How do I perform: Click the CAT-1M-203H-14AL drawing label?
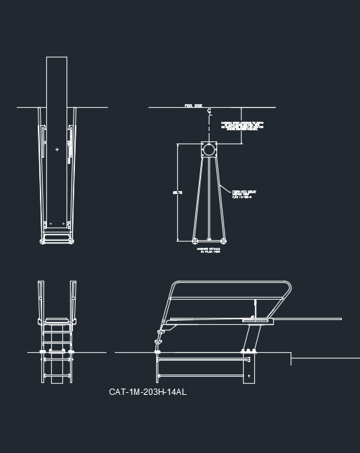click(148, 392)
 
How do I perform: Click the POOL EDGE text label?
click(193, 106)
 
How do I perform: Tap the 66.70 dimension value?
click(177, 192)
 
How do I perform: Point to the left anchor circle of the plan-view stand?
click(194, 241)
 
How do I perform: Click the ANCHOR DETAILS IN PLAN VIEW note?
click(209, 249)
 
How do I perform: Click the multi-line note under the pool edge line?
click(242, 126)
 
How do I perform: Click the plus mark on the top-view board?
click(57, 149)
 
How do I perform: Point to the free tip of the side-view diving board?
click(340, 319)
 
